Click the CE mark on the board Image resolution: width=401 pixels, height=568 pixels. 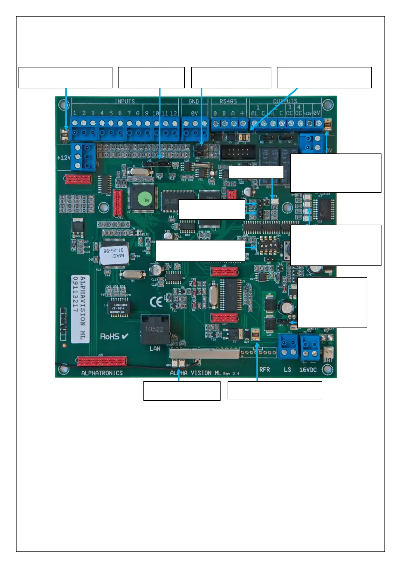pos(156,302)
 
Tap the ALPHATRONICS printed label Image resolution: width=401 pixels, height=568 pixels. pos(102,373)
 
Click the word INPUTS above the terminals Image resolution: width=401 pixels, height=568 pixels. pos(125,101)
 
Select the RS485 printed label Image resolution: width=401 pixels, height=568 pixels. pos(228,101)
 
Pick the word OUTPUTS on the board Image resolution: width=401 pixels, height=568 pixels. pos(285,101)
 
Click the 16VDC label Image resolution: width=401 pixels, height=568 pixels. pos(308,370)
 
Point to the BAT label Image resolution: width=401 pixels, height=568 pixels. pos(328,360)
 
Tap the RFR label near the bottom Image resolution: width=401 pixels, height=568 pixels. pos(265,370)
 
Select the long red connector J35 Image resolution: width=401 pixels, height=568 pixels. pos(102,361)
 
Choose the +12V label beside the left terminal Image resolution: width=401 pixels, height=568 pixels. pos(64,158)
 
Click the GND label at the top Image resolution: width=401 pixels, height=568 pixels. pos(194,101)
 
